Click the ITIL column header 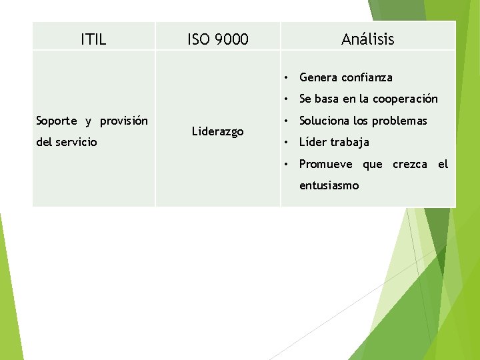[x=93, y=39]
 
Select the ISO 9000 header [x=217, y=39]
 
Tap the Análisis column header [x=367, y=39]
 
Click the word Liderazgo [x=218, y=131]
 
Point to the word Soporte [x=57, y=121]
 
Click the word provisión [x=124, y=121]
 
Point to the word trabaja [x=346, y=142]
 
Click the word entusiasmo [x=329, y=185]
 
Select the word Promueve [x=326, y=164]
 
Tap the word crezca [x=410, y=164]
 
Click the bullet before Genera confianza [x=285, y=77]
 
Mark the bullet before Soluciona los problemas [x=285, y=121]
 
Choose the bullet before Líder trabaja [x=285, y=142]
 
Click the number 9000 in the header [x=231, y=39]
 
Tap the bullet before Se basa [x=285, y=99]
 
